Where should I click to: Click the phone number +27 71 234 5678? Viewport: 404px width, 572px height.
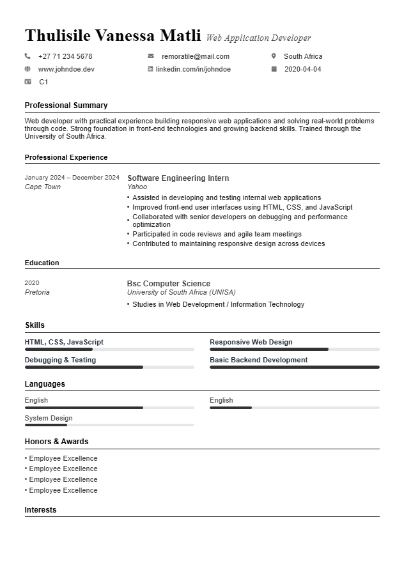(x=65, y=56)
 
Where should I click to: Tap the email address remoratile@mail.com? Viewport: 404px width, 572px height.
(x=195, y=56)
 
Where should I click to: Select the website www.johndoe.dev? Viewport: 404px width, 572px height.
(x=66, y=69)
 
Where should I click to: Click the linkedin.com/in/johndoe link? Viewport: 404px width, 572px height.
(x=193, y=69)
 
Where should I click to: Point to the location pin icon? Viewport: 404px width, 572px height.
(x=274, y=56)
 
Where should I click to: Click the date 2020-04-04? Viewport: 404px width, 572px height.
(x=302, y=69)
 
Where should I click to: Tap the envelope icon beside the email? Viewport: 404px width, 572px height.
(x=151, y=56)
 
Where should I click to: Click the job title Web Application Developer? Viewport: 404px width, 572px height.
(x=258, y=38)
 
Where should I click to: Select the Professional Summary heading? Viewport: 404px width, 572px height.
(x=66, y=105)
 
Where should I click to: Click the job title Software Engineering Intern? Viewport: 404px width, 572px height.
(x=178, y=178)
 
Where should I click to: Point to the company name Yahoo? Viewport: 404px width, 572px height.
(x=137, y=187)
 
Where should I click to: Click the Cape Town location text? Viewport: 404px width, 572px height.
(x=42, y=187)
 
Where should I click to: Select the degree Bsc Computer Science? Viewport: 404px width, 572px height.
(x=168, y=284)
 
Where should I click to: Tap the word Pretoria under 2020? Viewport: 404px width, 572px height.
(x=37, y=293)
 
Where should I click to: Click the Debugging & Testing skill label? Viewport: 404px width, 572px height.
(x=60, y=360)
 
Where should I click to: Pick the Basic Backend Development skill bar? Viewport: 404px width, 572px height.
(x=294, y=367)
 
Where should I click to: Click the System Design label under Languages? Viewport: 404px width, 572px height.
(x=49, y=418)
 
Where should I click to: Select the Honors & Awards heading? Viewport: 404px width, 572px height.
(x=56, y=442)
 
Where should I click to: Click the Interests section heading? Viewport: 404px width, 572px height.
(x=40, y=510)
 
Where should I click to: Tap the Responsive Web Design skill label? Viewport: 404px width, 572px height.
(x=251, y=342)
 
